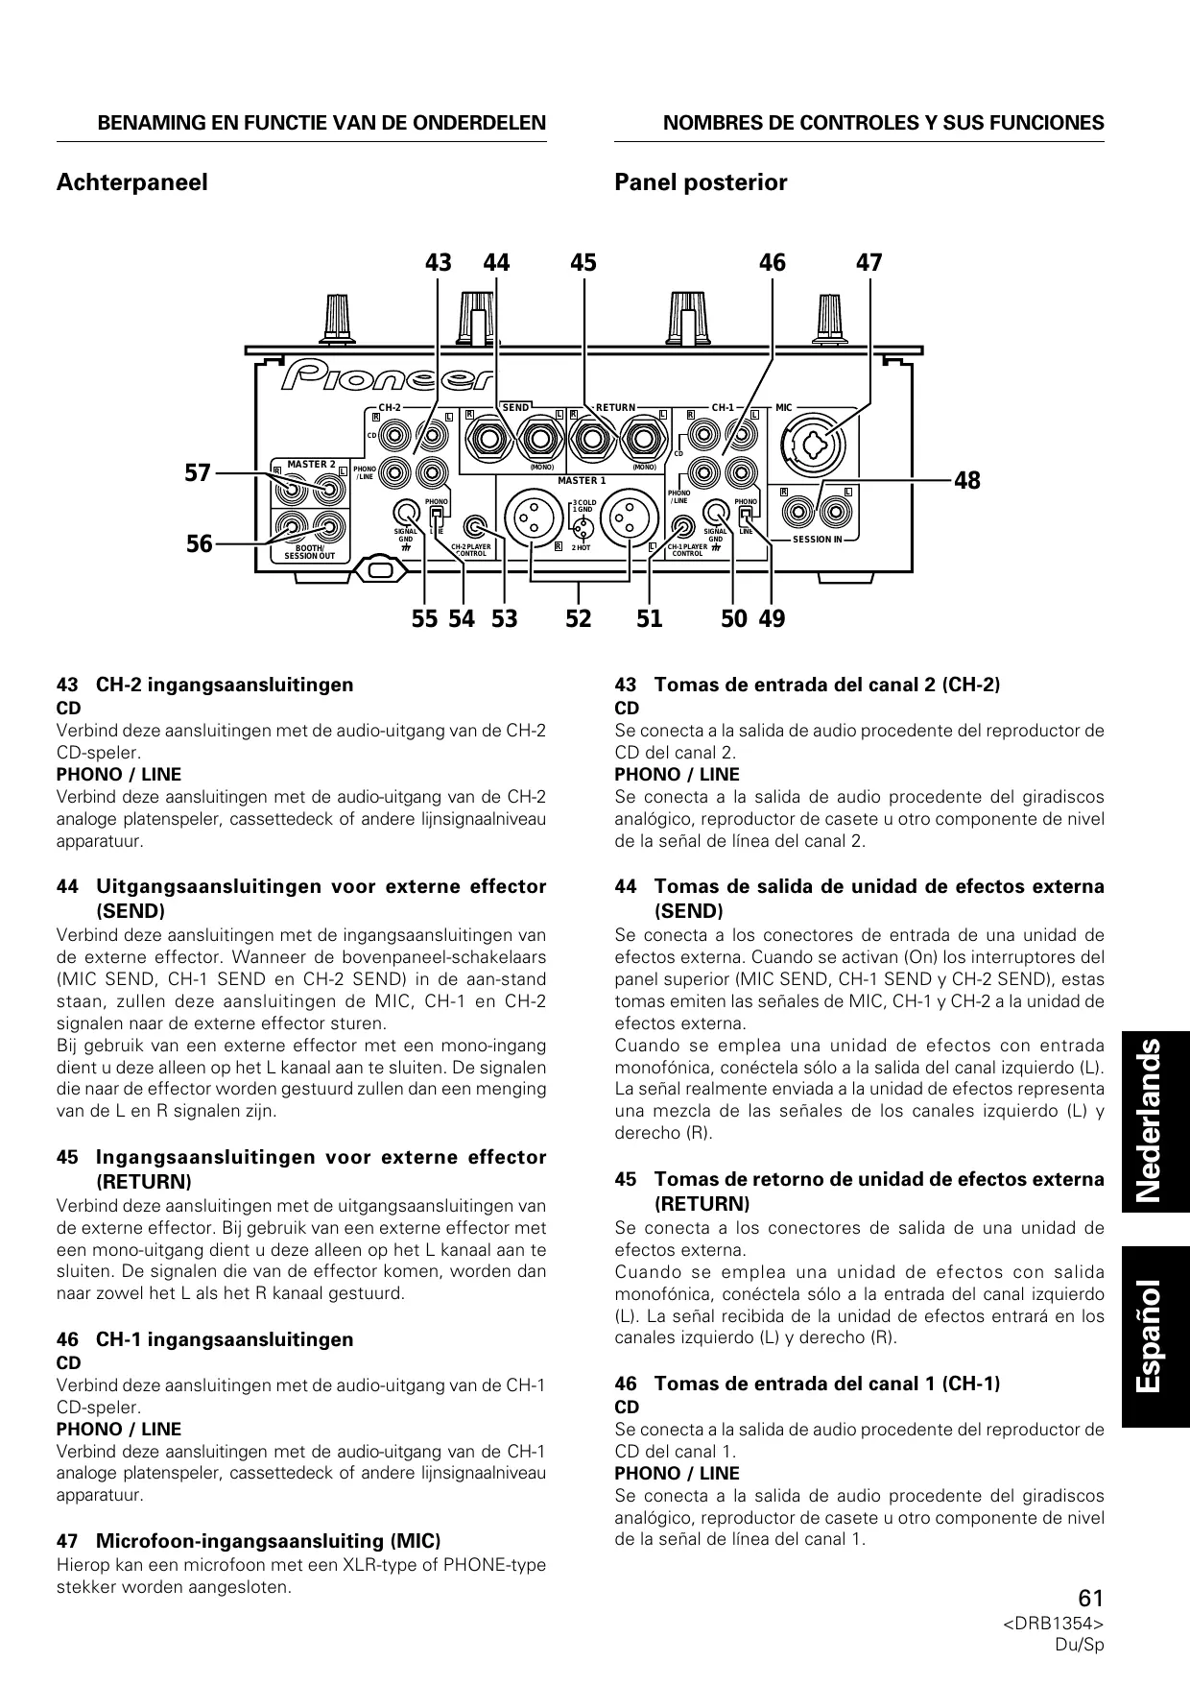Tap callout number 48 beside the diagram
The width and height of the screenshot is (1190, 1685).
(x=967, y=480)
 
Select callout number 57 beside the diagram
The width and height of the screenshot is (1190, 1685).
(x=198, y=472)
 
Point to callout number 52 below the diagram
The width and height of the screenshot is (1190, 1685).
(x=578, y=619)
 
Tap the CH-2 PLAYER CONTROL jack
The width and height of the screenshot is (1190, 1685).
(x=475, y=527)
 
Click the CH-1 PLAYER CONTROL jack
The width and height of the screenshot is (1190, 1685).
(x=682, y=527)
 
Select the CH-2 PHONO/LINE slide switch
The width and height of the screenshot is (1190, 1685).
(x=437, y=518)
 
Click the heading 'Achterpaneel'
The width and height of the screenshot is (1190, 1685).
(x=132, y=182)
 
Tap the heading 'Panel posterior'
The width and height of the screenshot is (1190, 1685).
(x=701, y=182)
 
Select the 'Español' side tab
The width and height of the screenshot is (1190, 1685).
(x=1155, y=1335)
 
